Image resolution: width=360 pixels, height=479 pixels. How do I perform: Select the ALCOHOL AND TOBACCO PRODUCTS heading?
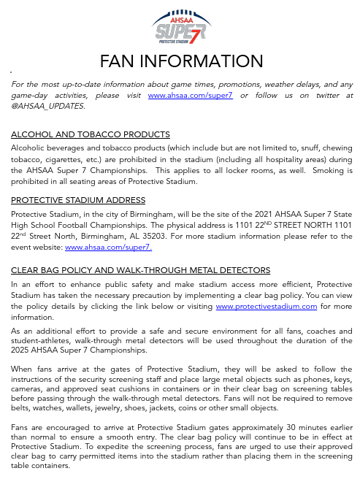[91, 134]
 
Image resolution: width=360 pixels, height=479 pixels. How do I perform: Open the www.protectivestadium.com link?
[266, 307]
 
